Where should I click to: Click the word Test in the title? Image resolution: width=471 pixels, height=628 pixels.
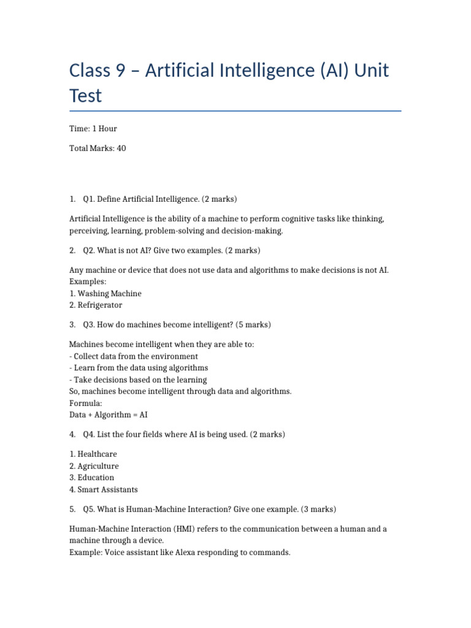86,96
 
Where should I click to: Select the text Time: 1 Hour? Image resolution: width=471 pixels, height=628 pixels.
93,129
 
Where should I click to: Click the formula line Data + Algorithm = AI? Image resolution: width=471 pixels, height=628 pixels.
109,415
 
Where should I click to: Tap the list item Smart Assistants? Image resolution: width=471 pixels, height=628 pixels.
108,489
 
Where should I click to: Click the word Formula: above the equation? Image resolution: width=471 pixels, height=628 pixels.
85,403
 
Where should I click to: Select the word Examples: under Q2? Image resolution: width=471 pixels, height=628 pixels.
88,281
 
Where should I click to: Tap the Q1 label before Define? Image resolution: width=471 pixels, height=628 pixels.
89,199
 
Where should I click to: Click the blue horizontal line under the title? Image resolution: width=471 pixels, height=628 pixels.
235,111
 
